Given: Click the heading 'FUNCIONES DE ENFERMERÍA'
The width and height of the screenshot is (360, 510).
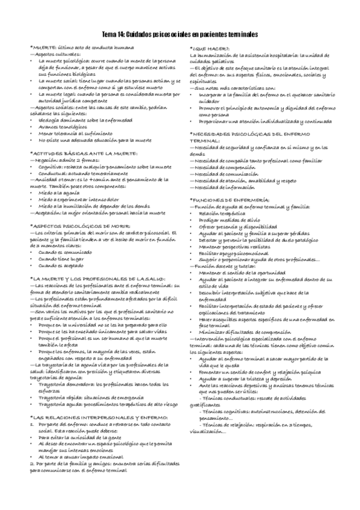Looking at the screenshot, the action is (x=233, y=198).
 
